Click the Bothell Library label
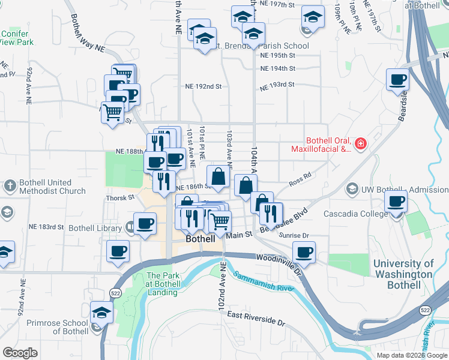(x=91, y=228)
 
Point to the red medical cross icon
(x=360, y=144)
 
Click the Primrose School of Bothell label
(x=57, y=327)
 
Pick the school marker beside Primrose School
(x=101, y=313)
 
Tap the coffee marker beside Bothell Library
(x=145, y=224)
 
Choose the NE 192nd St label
(x=203, y=86)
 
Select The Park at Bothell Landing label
(x=162, y=284)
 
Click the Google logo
(x=20, y=353)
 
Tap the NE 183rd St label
(x=46, y=227)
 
